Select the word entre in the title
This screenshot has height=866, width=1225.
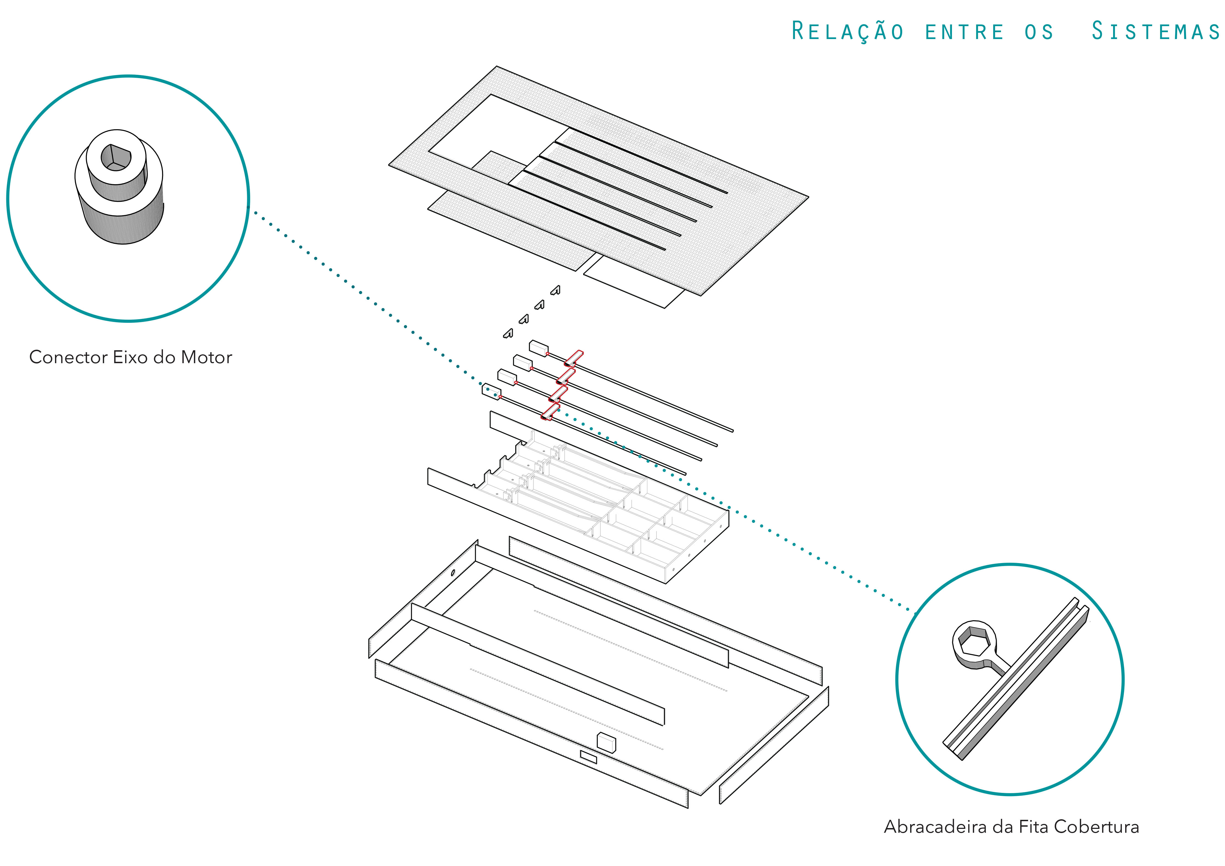coord(964,32)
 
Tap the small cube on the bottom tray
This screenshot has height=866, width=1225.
coord(606,742)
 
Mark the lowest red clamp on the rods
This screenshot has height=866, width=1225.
coord(550,412)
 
